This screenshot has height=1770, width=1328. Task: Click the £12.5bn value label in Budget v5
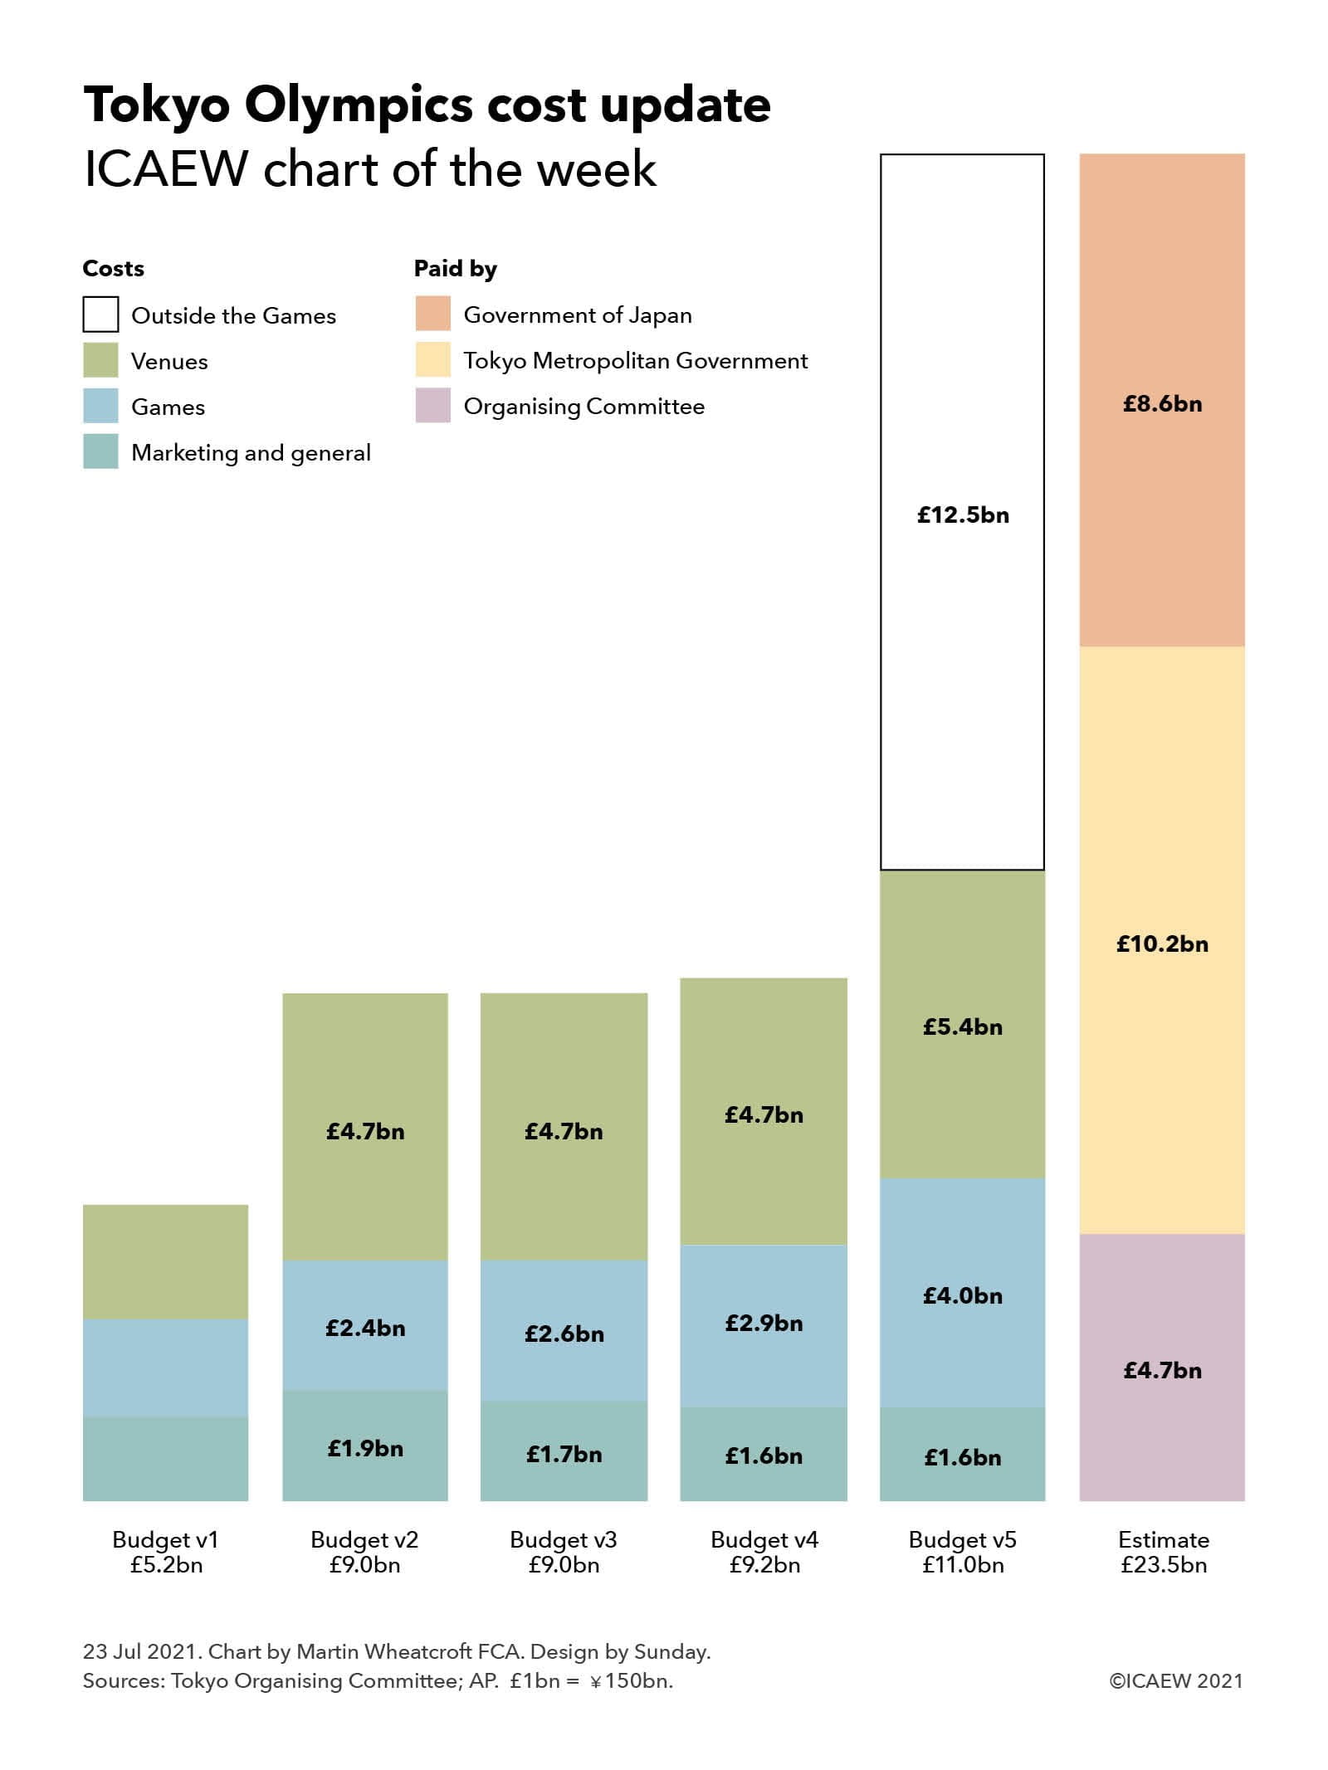point(963,515)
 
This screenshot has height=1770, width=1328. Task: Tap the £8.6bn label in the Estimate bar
point(1162,404)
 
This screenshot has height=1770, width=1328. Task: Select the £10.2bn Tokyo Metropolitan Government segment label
point(1162,944)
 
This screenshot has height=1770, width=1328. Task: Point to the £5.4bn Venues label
point(963,1026)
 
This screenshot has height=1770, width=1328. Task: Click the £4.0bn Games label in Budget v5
point(963,1295)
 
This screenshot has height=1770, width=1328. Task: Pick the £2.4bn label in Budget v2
point(365,1328)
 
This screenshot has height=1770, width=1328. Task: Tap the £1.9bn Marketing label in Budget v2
point(365,1448)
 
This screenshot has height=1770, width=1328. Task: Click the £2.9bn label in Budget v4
point(764,1323)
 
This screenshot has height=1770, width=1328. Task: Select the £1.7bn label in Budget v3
point(564,1454)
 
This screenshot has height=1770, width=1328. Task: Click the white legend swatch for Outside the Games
point(100,315)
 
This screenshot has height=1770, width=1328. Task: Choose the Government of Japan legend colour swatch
point(432,314)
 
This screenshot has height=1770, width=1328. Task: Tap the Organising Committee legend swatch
point(432,406)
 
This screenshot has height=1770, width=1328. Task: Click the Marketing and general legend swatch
point(100,451)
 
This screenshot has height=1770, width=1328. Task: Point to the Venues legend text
point(169,362)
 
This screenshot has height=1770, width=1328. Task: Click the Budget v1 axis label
point(166,1552)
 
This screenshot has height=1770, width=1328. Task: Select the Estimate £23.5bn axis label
point(1163,1552)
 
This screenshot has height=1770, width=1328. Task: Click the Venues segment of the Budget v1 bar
point(166,1261)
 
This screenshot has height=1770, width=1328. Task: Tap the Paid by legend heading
point(456,269)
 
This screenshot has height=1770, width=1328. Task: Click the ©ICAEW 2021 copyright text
point(1176,1680)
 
